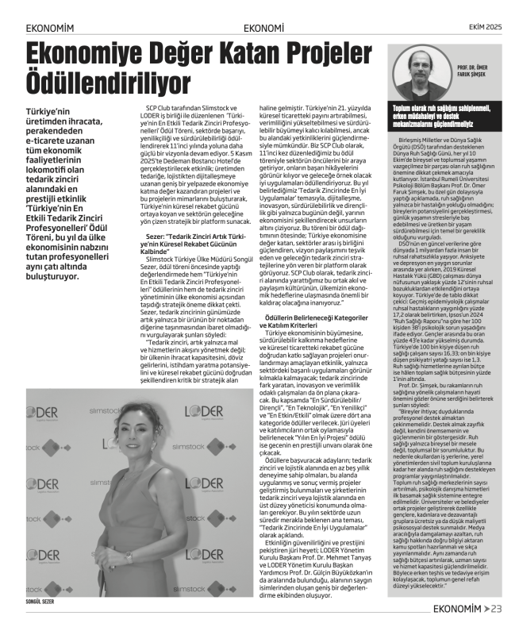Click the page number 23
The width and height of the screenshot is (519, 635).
[x=497, y=609]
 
